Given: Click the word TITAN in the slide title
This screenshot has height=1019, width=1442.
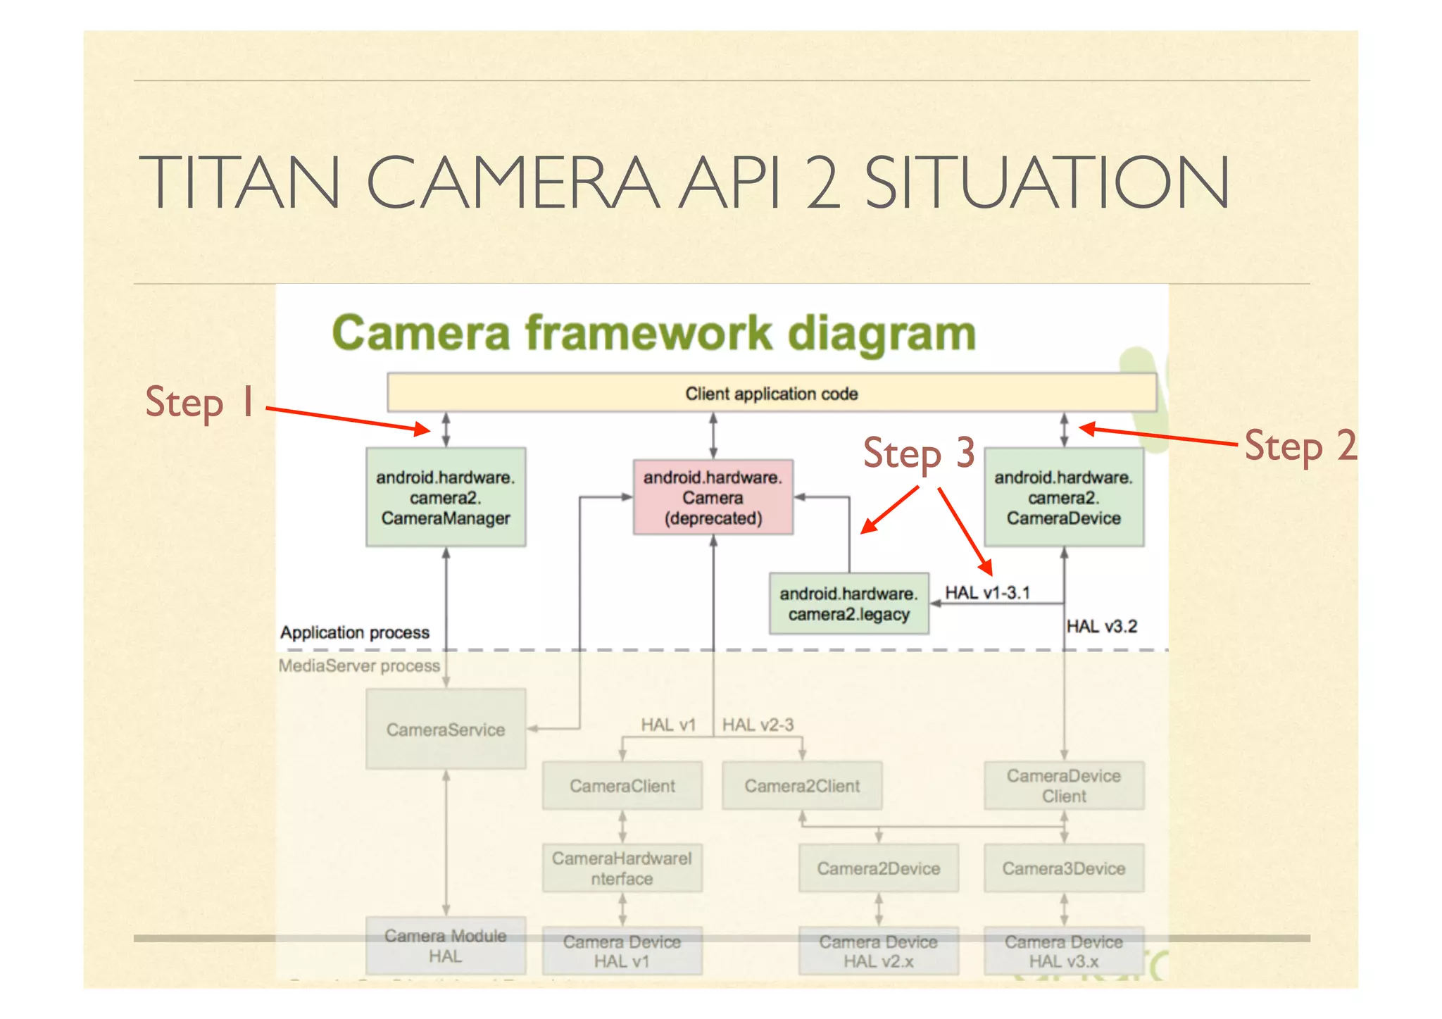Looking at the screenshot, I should click(239, 182).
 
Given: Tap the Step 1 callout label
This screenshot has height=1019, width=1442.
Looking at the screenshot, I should click(199, 402).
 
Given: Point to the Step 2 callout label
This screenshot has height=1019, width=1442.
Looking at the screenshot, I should click(1300, 446).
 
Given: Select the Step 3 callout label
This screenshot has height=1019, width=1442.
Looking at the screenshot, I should click(918, 453).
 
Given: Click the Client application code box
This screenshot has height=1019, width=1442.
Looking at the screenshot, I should click(771, 393).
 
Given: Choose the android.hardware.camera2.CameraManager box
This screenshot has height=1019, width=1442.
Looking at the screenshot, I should click(446, 497).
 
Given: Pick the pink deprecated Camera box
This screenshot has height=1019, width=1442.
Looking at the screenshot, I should click(713, 497).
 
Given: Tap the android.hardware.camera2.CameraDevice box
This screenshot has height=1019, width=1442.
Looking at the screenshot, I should click(1063, 497).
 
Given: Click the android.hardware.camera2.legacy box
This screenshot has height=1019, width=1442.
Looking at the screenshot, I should click(848, 604).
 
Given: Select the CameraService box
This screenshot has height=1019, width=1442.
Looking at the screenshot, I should click(446, 729).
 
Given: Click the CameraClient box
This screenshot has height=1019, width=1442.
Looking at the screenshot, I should click(622, 785).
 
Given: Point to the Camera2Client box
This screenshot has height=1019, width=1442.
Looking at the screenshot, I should click(802, 785).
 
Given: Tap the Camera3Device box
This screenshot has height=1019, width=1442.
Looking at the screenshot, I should click(1063, 868).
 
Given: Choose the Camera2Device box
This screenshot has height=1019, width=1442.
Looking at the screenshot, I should click(878, 868).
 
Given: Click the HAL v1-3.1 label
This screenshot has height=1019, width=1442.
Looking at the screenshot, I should click(987, 592).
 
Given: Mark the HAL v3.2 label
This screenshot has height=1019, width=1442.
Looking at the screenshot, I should click(1101, 626).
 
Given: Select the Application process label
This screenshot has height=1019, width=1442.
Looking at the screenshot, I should click(355, 632).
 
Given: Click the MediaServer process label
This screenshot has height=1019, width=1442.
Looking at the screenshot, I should click(359, 665).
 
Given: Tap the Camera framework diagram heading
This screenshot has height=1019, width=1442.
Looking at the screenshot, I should click(653, 333).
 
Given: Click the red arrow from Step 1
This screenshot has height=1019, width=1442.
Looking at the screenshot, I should click(348, 419).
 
